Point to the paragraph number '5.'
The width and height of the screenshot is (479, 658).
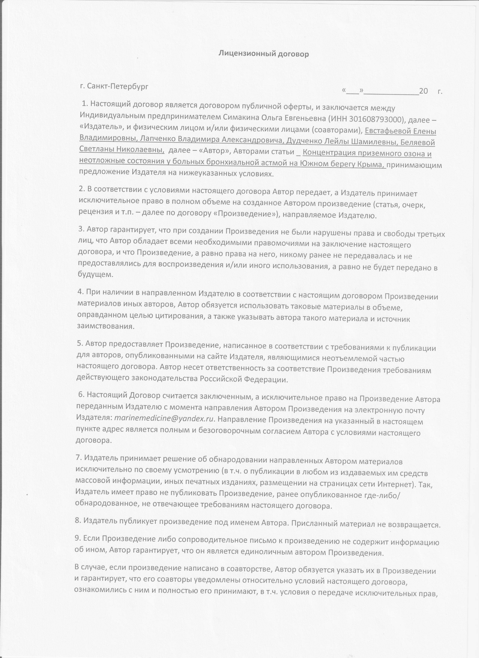click(80, 343)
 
